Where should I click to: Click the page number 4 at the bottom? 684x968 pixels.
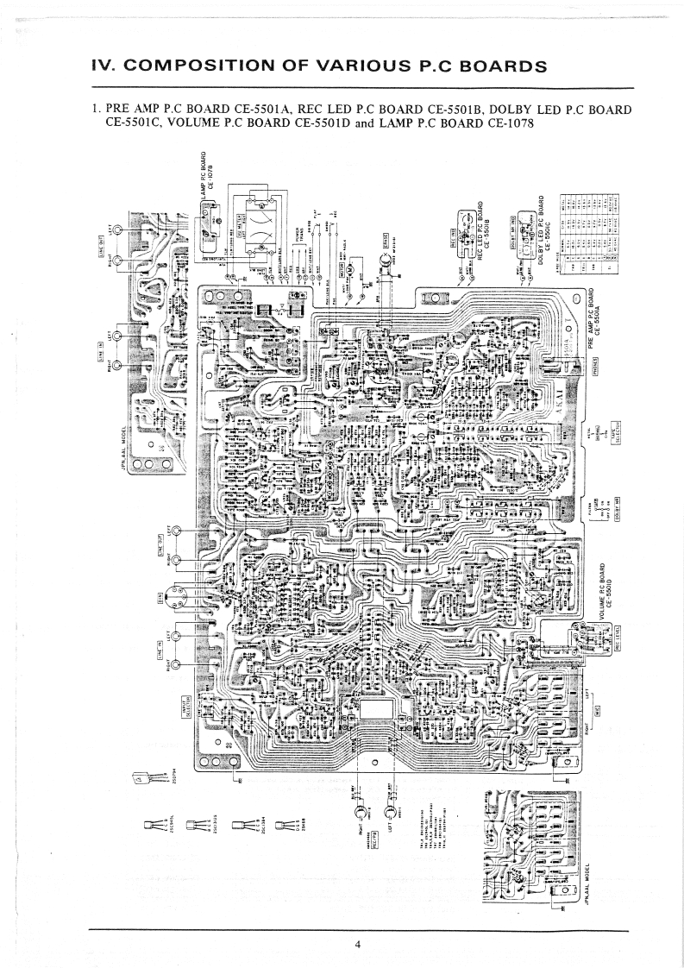357,944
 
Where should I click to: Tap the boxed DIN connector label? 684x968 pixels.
160,596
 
